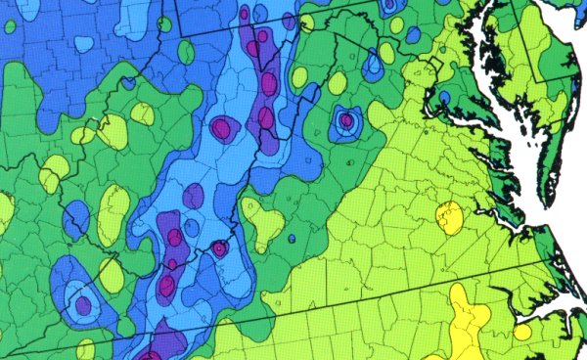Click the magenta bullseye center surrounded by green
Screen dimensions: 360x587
[345, 120]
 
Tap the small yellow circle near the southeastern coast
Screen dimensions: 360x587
[522, 333]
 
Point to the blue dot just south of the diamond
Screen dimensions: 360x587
[444, 98]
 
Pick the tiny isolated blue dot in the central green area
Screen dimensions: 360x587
[292, 239]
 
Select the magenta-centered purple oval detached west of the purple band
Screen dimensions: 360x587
[222, 127]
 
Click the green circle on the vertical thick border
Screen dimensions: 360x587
[164, 24]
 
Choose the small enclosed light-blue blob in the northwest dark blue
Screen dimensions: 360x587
[82, 44]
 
